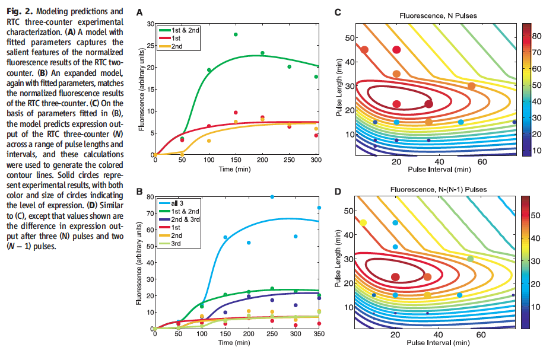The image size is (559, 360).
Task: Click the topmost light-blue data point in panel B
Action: coord(272,196)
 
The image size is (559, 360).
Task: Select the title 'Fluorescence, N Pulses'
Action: coord(434,12)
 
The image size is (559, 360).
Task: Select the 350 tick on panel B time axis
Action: coord(319,335)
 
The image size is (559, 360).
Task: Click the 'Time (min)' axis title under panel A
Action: coord(236,169)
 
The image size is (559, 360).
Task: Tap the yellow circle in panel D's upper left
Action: coord(364,223)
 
